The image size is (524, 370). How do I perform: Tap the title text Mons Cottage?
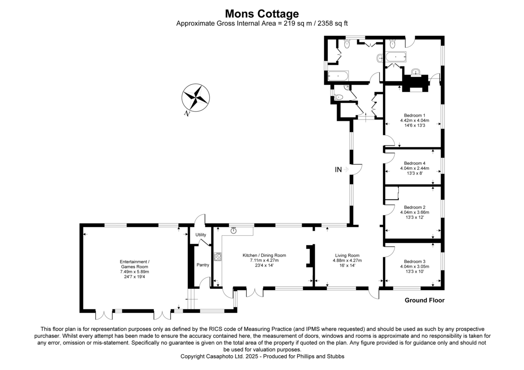(x=262, y=14)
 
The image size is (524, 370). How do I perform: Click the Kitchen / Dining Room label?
(x=264, y=256)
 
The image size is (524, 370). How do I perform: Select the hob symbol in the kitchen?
(x=217, y=257)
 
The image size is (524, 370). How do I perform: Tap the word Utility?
(x=200, y=235)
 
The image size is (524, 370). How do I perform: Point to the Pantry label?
(x=203, y=265)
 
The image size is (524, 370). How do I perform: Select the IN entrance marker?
(x=338, y=170)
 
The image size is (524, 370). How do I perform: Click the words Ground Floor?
(x=424, y=300)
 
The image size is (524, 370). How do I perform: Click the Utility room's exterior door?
(x=200, y=219)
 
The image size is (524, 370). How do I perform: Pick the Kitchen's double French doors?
(x=254, y=292)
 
